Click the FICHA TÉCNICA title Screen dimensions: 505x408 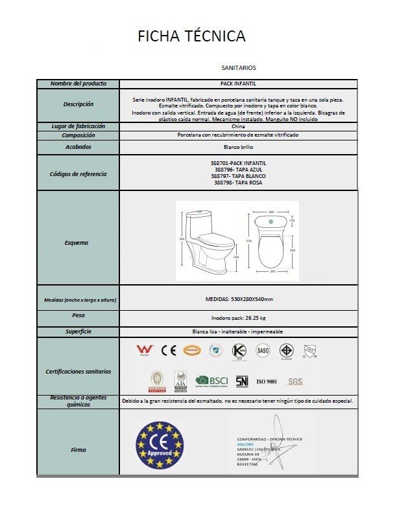click(191, 36)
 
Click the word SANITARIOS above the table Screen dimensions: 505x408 click(239, 67)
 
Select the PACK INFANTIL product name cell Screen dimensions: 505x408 click(239, 84)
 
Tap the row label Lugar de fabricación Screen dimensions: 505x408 click(78, 127)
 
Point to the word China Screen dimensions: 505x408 click(239, 127)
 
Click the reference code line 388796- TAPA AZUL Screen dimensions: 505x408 click(239, 170)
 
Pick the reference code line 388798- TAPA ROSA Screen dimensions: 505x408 click(239, 183)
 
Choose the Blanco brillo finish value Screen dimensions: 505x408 click(239, 147)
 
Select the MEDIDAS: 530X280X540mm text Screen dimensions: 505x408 click(239, 299)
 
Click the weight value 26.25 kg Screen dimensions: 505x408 click(239, 319)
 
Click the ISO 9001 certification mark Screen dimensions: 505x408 click(267, 381)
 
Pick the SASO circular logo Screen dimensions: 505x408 click(263, 350)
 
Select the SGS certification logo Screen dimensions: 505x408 click(295, 381)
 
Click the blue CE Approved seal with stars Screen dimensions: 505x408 click(160, 446)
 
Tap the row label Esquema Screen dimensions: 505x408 click(78, 243)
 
